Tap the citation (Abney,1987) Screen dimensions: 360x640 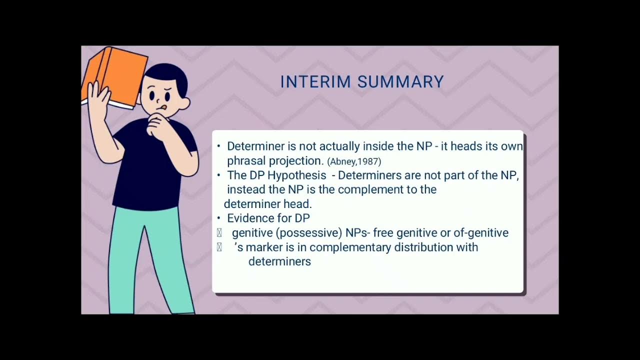354,161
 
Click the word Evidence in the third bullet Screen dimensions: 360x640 248,218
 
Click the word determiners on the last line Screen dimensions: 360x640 279,261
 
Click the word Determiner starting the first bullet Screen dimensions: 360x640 255,146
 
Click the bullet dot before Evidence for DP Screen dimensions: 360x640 219,218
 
